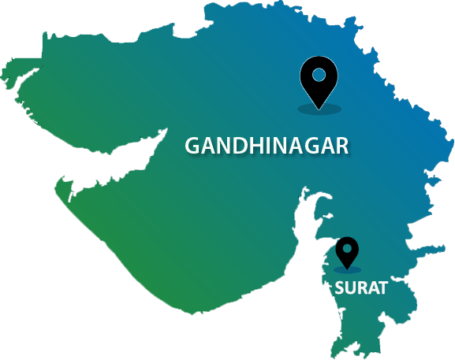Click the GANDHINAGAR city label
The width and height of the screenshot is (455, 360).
266,146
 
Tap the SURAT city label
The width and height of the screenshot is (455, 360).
360,288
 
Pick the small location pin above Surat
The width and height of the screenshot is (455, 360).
347,252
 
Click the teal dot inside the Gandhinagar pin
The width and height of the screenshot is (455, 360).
319,75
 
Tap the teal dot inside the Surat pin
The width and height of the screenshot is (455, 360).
347,249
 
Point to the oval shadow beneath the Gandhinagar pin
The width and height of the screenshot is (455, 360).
319,107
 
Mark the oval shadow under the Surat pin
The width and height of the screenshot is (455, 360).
347,269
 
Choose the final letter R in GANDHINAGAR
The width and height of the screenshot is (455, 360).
341,146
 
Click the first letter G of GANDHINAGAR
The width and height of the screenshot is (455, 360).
192,146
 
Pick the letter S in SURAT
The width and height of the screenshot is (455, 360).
339,288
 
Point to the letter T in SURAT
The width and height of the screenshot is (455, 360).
382,288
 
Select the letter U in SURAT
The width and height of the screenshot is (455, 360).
349,288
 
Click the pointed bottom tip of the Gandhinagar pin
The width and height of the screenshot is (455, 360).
319,106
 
